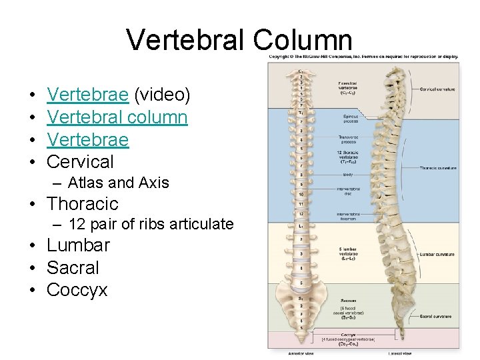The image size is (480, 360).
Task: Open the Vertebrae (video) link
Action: (88, 95)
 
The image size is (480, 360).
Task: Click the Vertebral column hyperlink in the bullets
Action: (117, 117)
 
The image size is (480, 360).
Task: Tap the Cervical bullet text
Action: (81, 161)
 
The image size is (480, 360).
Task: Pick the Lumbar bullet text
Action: (78, 245)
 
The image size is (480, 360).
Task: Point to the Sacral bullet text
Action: (73, 268)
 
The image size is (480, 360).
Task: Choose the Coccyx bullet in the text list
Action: (77, 290)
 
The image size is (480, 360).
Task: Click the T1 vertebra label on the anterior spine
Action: (301, 112)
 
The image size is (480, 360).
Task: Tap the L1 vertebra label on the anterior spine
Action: (301, 226)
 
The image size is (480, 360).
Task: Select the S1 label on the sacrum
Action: (301, 297)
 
